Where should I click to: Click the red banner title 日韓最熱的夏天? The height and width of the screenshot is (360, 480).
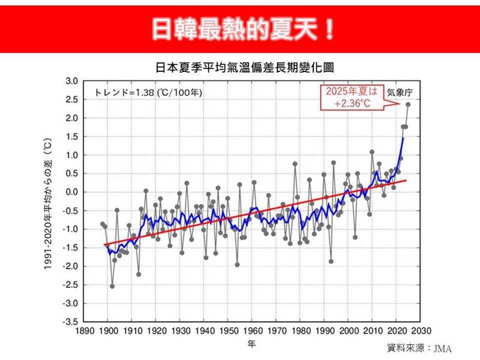pyautogui.click(x=240, y=28)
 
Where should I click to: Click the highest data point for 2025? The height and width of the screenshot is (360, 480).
pyautogui.click(x=408, y=104)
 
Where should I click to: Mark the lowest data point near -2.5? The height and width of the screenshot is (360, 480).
pyautogui.click(x=112, y=286)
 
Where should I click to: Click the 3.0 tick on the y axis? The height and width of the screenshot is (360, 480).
pyautogui.click(x=72, y=81)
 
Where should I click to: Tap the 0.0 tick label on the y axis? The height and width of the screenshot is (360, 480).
pyautogui.click(x=72, y=192)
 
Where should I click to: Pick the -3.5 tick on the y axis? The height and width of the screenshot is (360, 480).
pyautogui.click(x=71, y=322)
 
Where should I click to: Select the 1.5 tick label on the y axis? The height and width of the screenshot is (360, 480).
pyautogui.click(x=72, y=137)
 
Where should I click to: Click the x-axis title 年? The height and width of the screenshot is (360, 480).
pyautogui.click(x=252, y=344)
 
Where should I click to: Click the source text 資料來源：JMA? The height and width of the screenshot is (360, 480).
pyautogui.click(x=419, y=349)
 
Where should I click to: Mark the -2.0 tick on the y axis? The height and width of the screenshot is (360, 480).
pyautogui.click(x=71, y=266)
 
